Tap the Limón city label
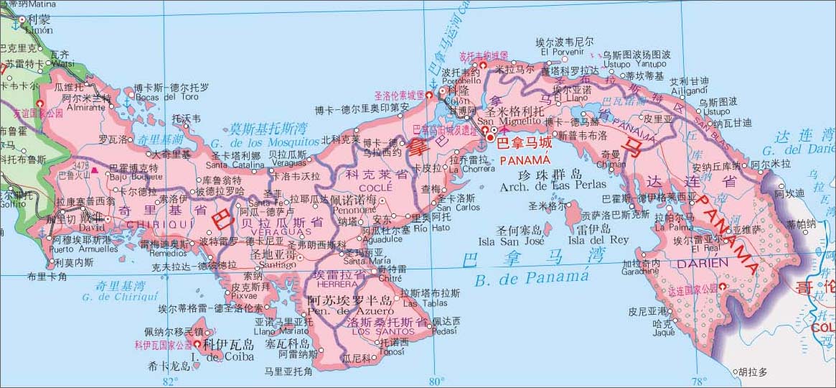pos(39,30)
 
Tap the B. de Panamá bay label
pos(531,277)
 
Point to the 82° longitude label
pos(170,381)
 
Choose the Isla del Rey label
pos(598,239)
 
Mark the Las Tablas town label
pos(421,303)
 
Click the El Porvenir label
pos(563,52)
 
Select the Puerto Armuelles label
pos(84,249)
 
